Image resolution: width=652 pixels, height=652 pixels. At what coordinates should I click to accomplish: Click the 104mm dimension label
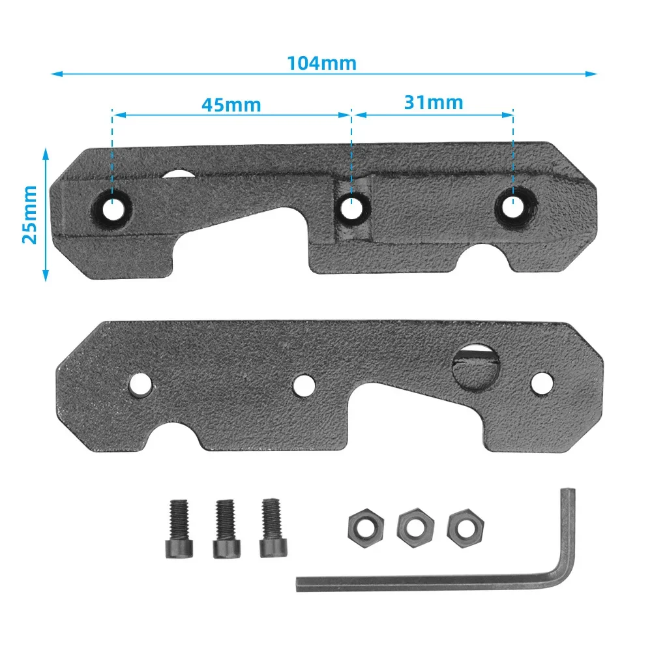pos(321,64)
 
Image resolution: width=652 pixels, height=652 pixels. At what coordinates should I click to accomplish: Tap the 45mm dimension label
pos(231,105)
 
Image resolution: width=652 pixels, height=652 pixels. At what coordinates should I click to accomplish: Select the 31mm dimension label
pos(433,102)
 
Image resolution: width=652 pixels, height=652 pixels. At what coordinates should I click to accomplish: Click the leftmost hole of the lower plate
pos(140,385)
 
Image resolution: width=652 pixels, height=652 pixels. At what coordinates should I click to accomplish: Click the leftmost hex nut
pos(360,523)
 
